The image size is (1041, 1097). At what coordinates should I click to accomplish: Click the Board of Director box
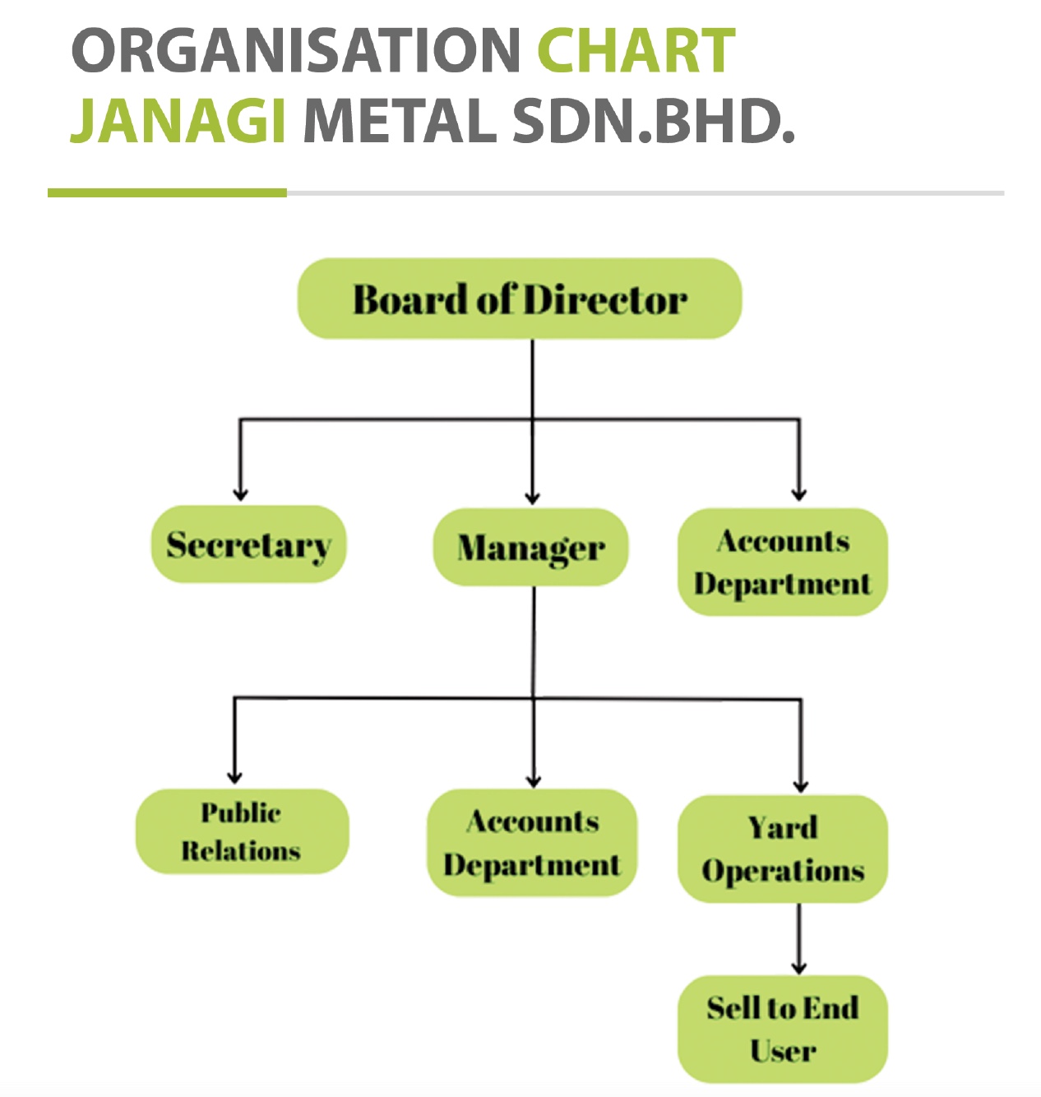(520, 299)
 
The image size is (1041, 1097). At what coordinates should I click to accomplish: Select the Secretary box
(249, 544)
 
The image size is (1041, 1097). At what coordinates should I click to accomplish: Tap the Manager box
(531, 547)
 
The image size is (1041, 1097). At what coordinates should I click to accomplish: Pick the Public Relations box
(243, 831)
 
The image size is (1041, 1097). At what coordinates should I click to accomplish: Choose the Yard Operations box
(783, 849)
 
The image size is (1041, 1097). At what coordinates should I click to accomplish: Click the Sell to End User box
(783, 1030)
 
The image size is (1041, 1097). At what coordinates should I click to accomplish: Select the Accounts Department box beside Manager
(783, 562)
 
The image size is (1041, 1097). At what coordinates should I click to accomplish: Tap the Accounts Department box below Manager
(532, 843)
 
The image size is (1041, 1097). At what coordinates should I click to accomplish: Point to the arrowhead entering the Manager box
(533, 498)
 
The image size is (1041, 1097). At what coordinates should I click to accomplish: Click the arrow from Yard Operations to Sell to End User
(798, 939)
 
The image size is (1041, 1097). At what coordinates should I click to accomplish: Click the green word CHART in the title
(636, 50)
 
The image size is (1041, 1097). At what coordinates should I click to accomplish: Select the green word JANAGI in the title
(178, 121)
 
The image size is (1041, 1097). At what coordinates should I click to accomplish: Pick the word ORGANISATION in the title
(296, 50)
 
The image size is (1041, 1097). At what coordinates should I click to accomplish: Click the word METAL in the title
(400, 121)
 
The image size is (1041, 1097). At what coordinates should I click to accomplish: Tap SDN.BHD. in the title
(654, 121)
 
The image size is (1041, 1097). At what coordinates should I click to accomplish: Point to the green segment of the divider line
(167, 193)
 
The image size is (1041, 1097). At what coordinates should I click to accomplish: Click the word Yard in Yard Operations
(783, 827)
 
